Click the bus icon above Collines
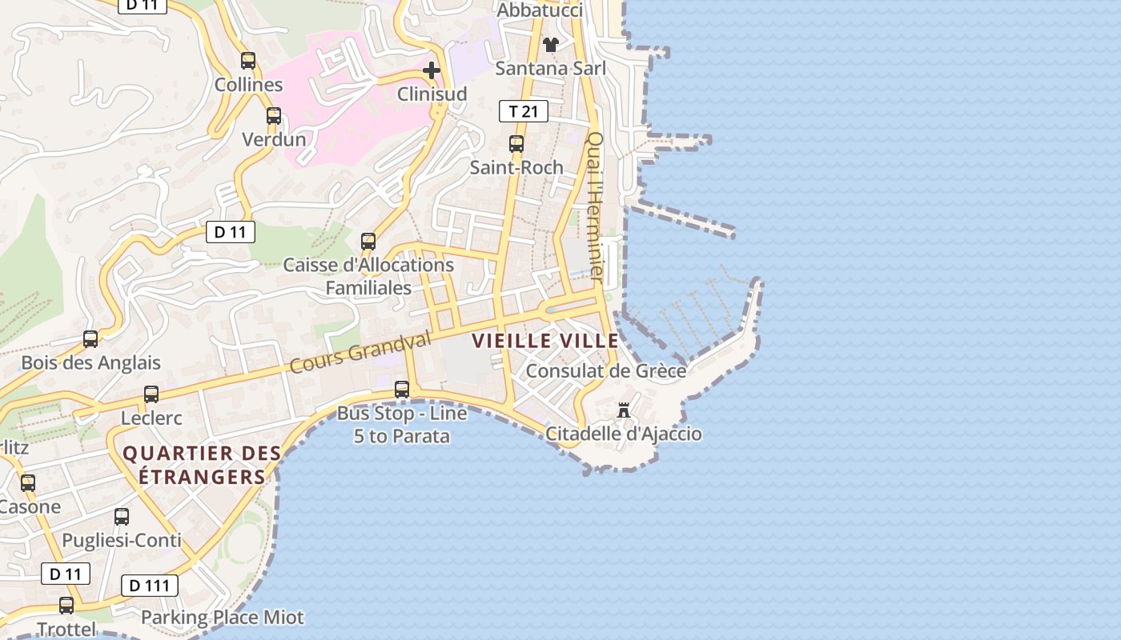tap(248, 60)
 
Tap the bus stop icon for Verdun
tap(274, 115)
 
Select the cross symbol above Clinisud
tap(432, 70)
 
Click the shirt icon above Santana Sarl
tap(551, 44)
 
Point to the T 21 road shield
tap(524, 111)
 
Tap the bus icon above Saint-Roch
tap(516, 144)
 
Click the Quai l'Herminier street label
tap(595, 206)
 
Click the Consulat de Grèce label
tap(605, 371)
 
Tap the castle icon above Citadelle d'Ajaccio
tap(624, 411)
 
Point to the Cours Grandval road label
tap(360, 352)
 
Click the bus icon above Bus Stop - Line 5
tap(402, 390)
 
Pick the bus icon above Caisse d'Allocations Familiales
tap(368, 241)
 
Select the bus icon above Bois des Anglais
tap(90, 339)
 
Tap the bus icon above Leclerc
tap(151, 394)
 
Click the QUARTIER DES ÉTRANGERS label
tap(202, 465)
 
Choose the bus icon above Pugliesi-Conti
tap(122, 517)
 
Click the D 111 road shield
tap(150, 586)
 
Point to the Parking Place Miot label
tap(223, 618)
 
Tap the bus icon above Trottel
tap(66, 606)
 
